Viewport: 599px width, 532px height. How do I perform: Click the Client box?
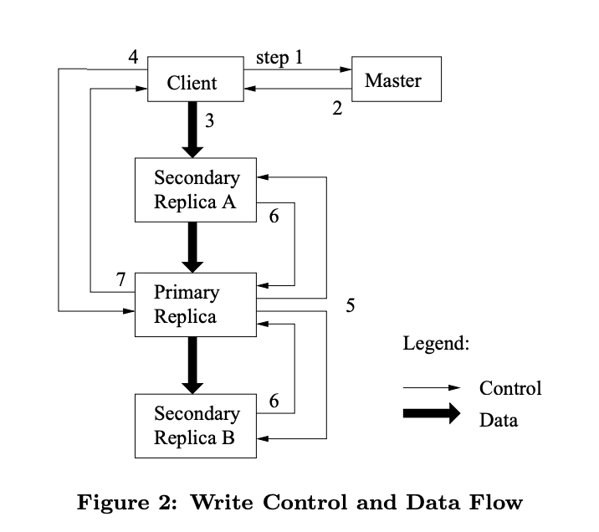[x=194, y=80]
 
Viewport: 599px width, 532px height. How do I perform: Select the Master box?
[x=396, y=79]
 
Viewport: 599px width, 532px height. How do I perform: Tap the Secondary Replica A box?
[x=196, y=191]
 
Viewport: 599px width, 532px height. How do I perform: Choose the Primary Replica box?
[x=196, y=304]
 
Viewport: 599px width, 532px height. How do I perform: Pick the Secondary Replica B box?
[x=196, y=426]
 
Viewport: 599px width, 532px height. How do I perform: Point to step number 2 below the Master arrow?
[x=337, y=108]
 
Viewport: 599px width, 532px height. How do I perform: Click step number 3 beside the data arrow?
[x=209, y=121]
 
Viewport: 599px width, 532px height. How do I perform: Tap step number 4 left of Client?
[x=133, y=58]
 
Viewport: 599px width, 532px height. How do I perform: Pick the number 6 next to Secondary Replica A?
[x=274, y=216]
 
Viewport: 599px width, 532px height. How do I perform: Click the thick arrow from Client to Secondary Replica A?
[x=193, y=130]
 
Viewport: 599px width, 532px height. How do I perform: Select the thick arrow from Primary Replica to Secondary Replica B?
[x=193, y=365]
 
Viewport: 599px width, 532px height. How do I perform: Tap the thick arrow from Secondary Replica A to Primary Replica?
[x=193, y=247]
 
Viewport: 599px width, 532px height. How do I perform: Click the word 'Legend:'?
[x=436, y=343]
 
